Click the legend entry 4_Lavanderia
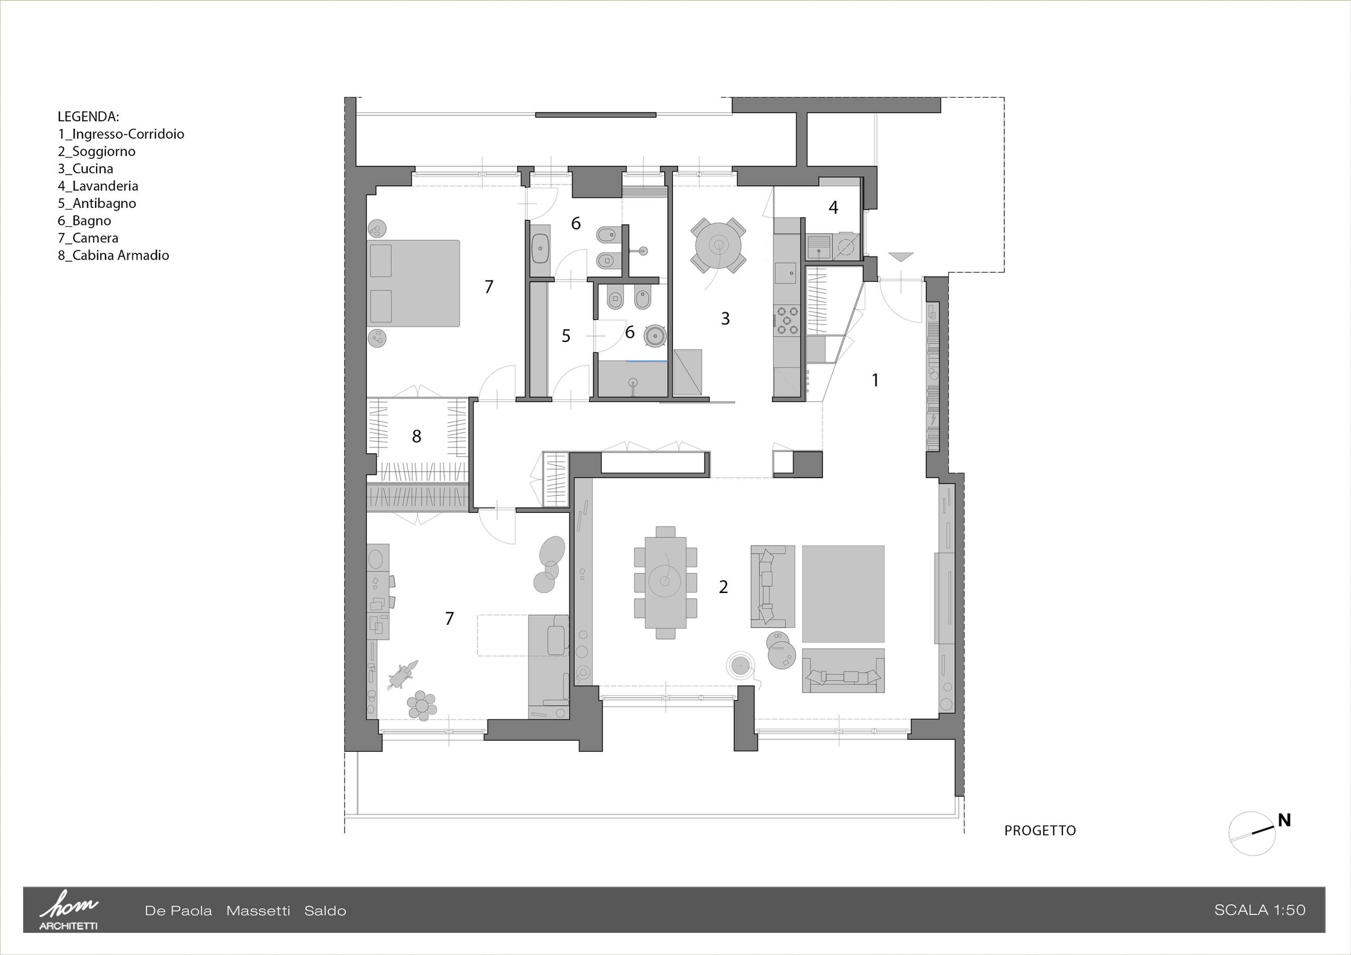pos(98,186)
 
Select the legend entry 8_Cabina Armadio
pos(113,255)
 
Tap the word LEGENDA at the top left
pos(88,117)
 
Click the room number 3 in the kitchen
pos(725,318)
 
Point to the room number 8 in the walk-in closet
pos(416,436)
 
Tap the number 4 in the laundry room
pos(833,207)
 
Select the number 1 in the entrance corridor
pos(875,380)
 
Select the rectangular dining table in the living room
pos(665,581)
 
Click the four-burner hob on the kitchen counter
pos(787,320)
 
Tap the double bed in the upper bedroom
pos(413,283)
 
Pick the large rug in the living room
pos(843,594)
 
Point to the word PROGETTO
pos(1040,830)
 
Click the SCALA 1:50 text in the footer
pos(1259,910)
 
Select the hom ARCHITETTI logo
pos(68,910)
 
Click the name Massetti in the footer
pos(258,911)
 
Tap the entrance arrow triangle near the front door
pos(901,256)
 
